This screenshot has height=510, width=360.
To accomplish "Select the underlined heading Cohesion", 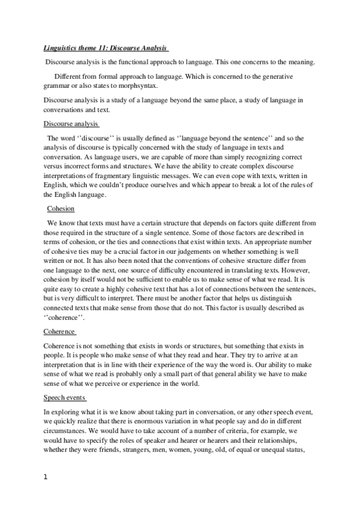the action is point(61,209).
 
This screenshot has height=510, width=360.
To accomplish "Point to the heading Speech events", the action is point(66,398).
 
